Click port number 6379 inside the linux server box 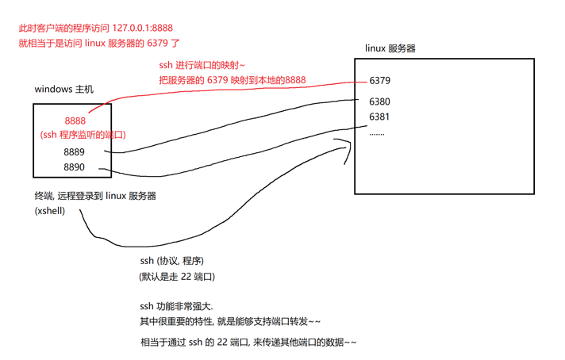[379, 80]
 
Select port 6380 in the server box [379, 101]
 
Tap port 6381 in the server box [379, 117]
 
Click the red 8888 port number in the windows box [75, 121]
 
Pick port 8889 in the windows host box [75, 151]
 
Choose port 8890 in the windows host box [75, 167]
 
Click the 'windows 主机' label [63, 90]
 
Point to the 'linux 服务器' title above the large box [390, 48]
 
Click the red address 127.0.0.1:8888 [137, 28]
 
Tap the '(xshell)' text [49, 211]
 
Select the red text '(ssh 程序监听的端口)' [83, 135]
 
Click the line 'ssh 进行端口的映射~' [203, 65]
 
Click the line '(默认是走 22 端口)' [176, 276]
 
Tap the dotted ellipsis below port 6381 [377, 133]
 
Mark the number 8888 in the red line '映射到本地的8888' [295, 80]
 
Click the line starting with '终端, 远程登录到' [94, 196]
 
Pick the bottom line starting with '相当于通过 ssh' [248, 343]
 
